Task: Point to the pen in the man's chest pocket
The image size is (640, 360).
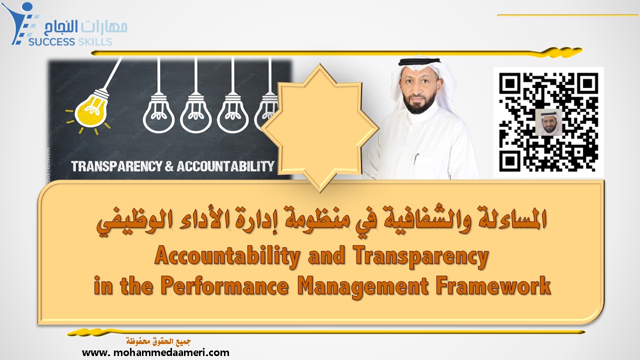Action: pyautogui.click(x=416, y=160)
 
